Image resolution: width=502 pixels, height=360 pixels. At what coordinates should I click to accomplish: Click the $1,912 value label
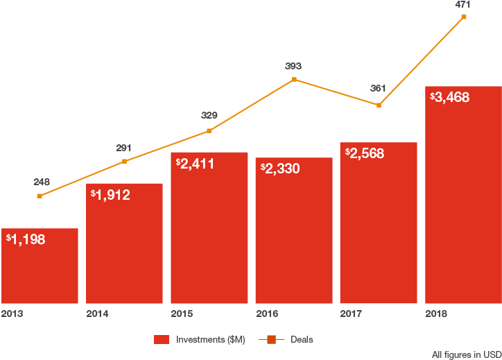[x=110, y=195]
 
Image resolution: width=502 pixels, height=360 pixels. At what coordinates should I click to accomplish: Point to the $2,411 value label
[x=195, y=164]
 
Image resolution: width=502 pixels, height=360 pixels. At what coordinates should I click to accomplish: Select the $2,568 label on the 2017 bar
[x=364, y=153]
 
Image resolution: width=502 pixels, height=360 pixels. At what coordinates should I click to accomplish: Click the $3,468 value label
[x=449, y=97]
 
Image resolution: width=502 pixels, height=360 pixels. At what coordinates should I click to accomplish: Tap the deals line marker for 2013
[x=40, y=196]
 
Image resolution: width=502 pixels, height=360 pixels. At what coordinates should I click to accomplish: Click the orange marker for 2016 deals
[x=294, y=80]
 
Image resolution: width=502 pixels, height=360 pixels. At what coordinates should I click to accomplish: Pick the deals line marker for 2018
[x=463, y=17]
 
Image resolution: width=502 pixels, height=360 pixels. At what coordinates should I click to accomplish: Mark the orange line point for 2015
[x=209, y=130]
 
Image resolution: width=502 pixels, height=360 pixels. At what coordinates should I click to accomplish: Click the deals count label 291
[x=124, y=148]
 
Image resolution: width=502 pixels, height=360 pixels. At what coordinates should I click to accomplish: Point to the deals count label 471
[x=463, y=4]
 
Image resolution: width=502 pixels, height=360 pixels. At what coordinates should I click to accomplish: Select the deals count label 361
[x=379, y=88]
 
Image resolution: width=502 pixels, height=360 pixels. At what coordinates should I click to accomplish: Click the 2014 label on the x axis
[x=97, y=314]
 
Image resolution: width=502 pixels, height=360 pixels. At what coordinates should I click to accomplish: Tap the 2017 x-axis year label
[x=351, y=314]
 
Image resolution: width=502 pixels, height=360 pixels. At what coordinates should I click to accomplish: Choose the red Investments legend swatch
[x=162, y=340]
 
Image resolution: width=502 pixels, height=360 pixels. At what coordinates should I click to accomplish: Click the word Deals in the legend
[x=302, y=340]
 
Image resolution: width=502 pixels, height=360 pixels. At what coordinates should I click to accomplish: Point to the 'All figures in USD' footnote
[x=466, y=354]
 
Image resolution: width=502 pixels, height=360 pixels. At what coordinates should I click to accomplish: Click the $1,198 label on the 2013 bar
[x=26, y=240]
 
